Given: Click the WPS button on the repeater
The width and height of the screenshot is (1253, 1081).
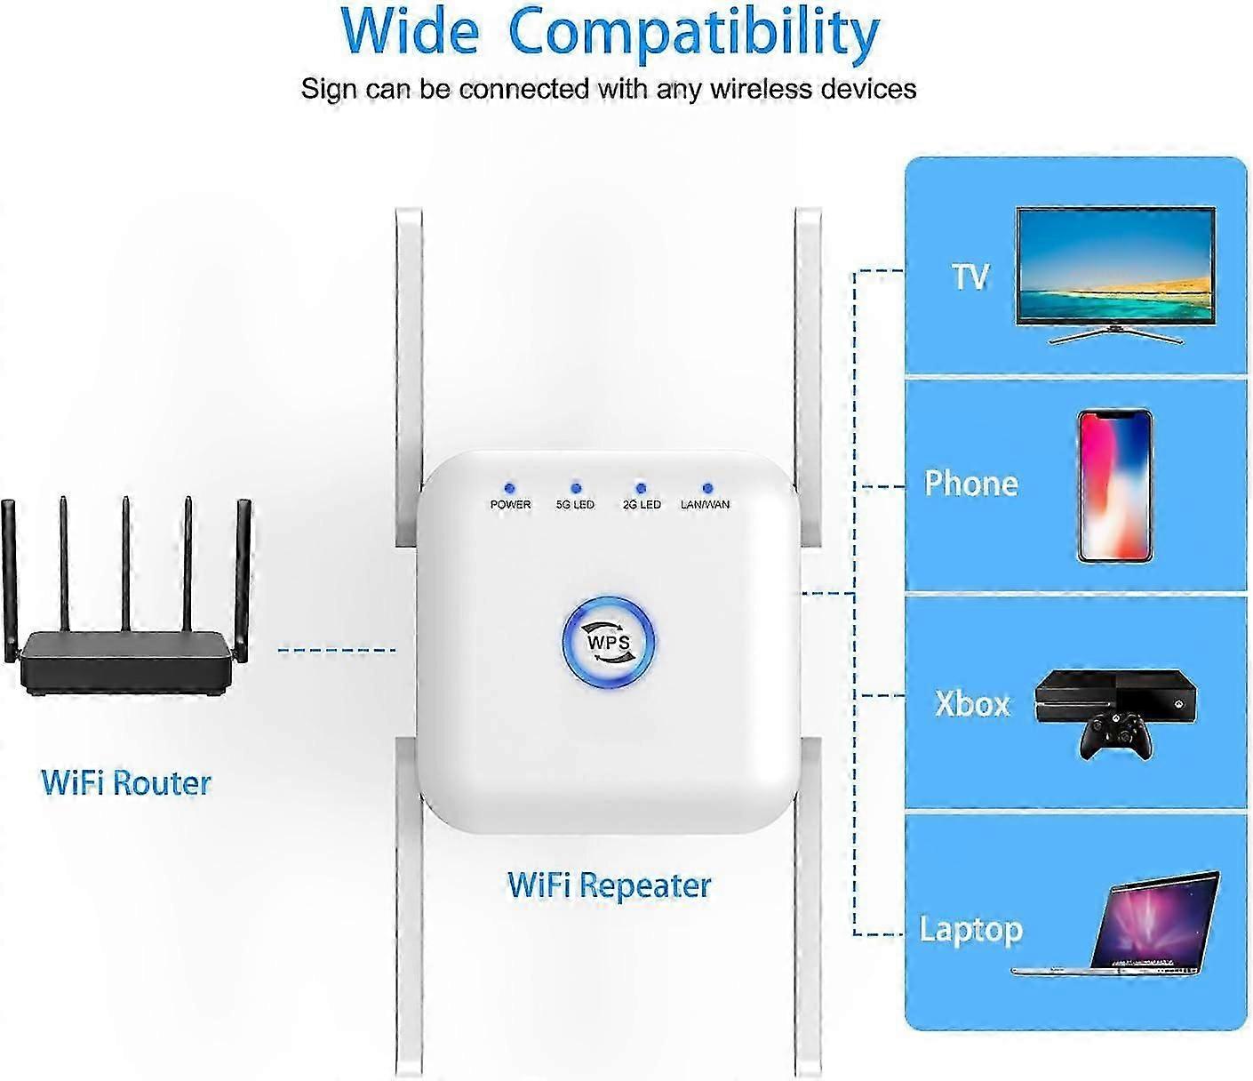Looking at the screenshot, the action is [x=608, y=643].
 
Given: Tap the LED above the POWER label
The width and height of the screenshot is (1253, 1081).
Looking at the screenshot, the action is [x=509, y=488].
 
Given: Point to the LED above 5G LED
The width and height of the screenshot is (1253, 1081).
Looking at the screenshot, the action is [x=575, y=488].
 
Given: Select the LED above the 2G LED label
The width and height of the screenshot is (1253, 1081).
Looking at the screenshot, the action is [x=641, y=488].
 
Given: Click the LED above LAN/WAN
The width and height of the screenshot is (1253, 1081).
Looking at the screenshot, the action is [x=706, y=488].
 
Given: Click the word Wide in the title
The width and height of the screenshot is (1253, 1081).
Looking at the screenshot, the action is [x=410, y=31].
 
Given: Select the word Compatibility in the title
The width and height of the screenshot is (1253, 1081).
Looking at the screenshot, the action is [x=694, y=36].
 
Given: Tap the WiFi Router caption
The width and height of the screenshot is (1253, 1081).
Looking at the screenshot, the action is [x=125, y=782].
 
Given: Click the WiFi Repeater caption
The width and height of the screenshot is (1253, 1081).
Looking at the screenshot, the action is [x=609, y=885].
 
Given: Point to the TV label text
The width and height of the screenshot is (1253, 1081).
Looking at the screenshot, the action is [x=970, y=276].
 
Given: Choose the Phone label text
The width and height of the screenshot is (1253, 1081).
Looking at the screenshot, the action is [x=971, y=484].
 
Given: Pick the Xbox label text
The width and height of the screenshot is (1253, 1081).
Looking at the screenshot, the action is [x=972, y=703].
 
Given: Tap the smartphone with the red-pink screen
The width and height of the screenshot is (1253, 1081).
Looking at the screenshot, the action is [x=1114, y=486].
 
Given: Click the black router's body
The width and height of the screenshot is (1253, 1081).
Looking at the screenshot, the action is [x=125, y=662].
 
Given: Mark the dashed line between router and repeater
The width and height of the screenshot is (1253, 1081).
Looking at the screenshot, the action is [x=337, y=651].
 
